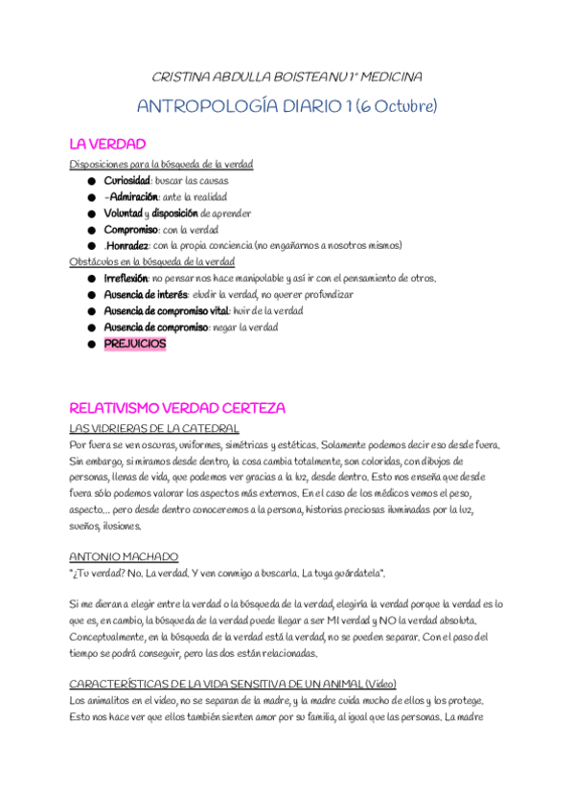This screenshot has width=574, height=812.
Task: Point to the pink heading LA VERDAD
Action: [107, 145]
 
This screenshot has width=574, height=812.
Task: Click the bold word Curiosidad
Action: [126, 180]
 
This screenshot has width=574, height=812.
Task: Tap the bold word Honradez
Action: [131, 244]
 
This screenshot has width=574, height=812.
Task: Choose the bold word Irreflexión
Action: [126, 278]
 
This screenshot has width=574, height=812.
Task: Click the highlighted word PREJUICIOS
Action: [134, 344]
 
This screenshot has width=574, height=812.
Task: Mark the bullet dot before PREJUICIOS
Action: [91, 344]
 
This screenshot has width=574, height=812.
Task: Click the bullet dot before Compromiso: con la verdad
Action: [91, 229]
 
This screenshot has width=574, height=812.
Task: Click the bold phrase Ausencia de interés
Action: [145, 294]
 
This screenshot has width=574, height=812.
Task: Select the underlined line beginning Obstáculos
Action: [152, 261]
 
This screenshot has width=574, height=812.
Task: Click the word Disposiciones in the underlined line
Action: [100, 164]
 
